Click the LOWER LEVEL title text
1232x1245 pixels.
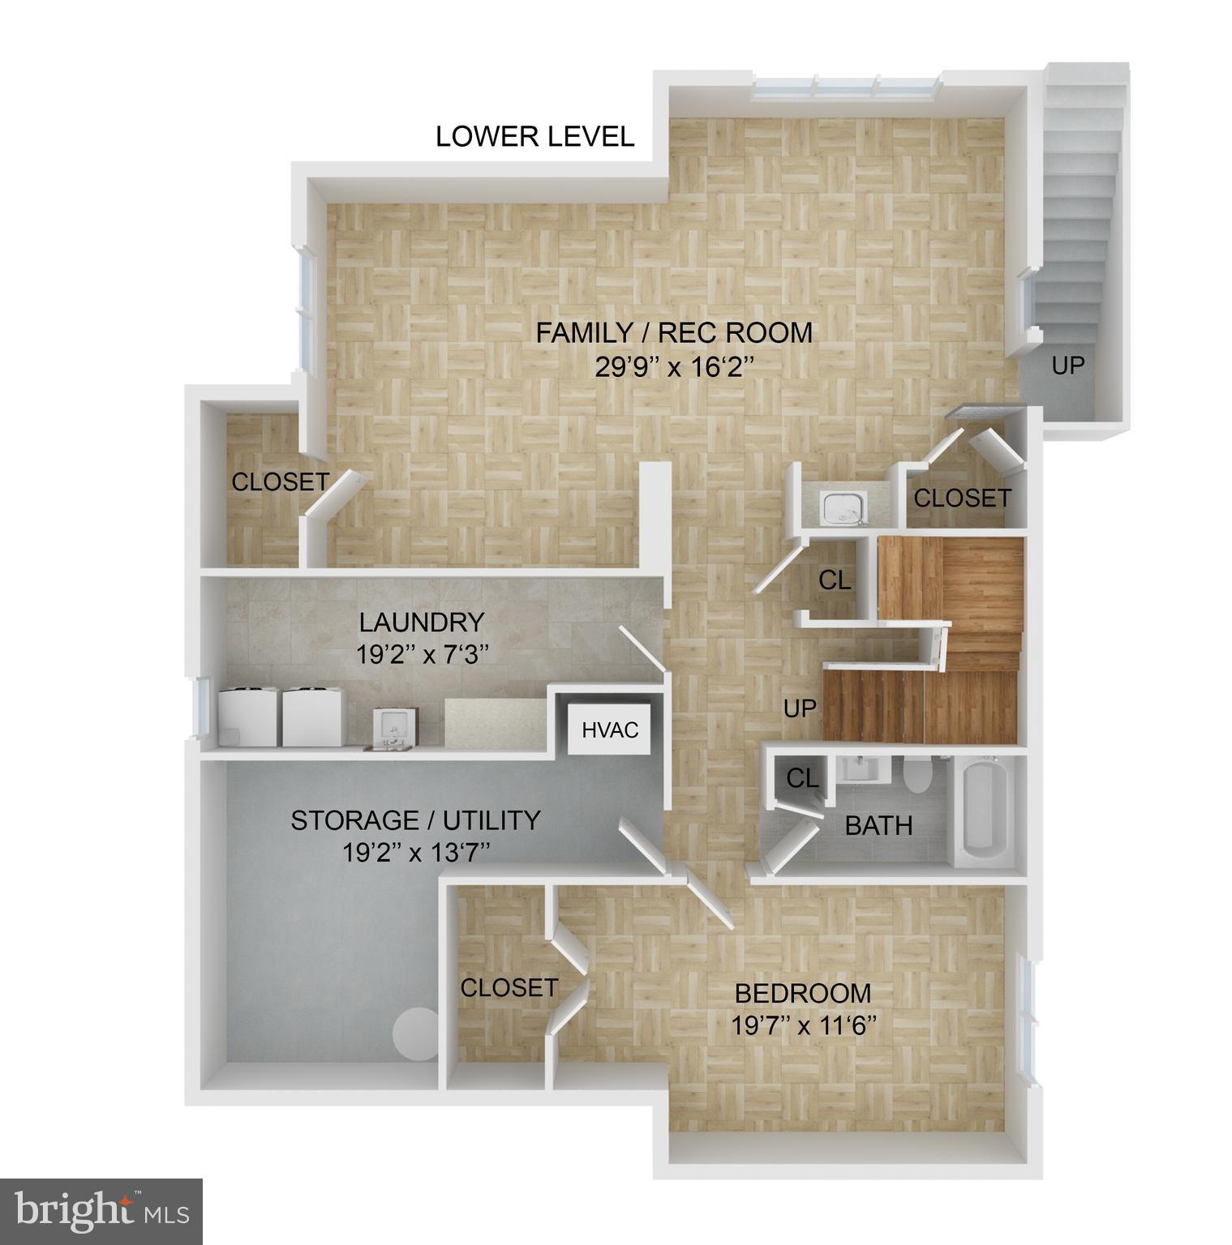(x=534, y=136)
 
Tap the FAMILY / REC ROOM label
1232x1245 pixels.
(x=673, y=332)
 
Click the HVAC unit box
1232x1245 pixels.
(x=610, y=729)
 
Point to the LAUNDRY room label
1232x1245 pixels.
(x=422, y=622)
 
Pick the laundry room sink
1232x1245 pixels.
(x=395, y=726)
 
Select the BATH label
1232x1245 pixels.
(x=878, y=826)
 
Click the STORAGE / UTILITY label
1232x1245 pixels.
(x=415, y=820)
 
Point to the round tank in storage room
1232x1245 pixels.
(x=414, y=1033)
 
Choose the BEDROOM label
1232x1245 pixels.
(x=802, y=993)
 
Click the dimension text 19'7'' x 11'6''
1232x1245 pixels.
(x=805, y=1026)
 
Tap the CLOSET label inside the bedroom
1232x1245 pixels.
(x=509, y=987)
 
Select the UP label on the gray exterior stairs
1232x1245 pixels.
(x=1067, y=366)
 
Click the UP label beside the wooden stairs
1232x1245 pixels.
(x=799, y=708)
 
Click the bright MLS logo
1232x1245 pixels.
(x=101, y=1211)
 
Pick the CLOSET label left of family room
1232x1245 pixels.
(x=280, y=481)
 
